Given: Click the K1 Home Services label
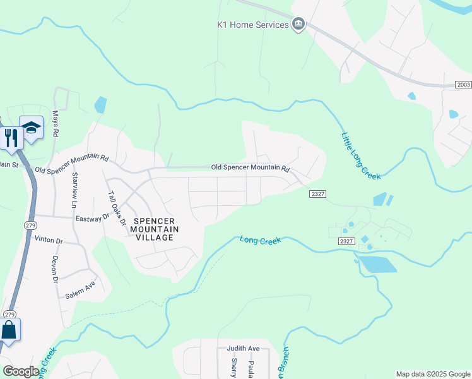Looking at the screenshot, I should pos(252,25).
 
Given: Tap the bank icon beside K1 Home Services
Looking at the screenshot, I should pos(298,25).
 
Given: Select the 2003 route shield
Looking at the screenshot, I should pos(463,84).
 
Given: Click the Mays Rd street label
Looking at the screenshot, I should pos(56,124).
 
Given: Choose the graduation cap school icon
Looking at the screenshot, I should pos(31,128).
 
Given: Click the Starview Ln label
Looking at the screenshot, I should pos(74,191).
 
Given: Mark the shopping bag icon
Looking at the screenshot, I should pos(9,330).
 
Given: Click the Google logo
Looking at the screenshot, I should pos(21,371).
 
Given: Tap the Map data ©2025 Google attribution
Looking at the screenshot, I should pos(432,374).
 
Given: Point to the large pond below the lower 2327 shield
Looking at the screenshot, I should pos(378,263).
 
